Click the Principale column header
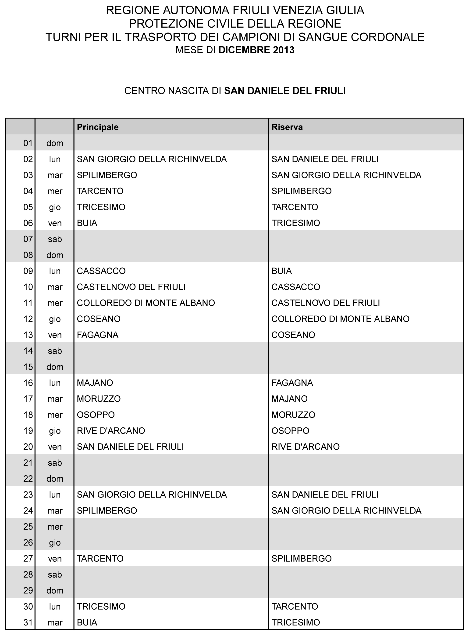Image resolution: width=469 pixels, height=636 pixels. pos(98,127)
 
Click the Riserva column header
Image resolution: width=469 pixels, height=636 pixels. pos(287,127)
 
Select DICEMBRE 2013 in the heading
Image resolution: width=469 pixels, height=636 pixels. pos(256,50)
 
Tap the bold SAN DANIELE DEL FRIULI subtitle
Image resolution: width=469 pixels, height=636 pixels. pos(285,91)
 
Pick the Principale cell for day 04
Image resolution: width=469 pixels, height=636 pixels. pos(100,191)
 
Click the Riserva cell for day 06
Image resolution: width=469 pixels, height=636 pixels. pos(295,223)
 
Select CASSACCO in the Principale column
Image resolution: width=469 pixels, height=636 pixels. pos(101,271)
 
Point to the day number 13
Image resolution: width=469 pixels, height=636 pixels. pos(28,335)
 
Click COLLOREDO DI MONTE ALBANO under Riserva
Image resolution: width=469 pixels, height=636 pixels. pos(340,319)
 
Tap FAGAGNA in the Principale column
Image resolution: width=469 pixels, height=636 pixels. pos(97,335)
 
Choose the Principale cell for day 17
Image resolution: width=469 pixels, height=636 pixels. pos(99,399)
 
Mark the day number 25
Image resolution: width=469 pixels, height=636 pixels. pos(28,527)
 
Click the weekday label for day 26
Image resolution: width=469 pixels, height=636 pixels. pos(55,543)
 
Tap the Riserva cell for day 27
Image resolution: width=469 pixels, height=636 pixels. pos(301,558)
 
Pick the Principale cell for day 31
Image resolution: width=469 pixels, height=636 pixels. pos(87,622)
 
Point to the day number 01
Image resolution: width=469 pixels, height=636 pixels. pos(28,143)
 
